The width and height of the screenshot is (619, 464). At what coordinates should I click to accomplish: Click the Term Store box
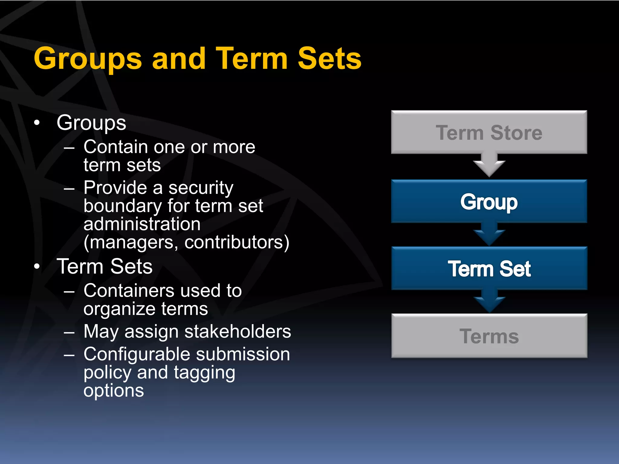489,132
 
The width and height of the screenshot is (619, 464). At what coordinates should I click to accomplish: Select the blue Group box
489,201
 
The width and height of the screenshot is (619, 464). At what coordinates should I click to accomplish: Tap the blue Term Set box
489,269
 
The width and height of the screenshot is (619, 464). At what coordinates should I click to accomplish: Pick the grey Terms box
489,336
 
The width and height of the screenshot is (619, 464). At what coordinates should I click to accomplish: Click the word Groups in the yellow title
88,59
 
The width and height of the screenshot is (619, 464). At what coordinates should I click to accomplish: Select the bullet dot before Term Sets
37,266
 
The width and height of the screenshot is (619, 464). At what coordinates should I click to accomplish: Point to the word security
201,188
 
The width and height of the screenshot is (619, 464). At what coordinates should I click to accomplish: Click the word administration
142,224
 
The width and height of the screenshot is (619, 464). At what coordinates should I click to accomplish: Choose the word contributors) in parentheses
237,242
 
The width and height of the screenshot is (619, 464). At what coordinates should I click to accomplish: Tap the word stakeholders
238,331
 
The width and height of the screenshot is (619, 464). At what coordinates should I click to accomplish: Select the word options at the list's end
114,391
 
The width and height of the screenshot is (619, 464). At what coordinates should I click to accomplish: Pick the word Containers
129,291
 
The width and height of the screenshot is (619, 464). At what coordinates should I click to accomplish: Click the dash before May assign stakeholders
69,332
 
